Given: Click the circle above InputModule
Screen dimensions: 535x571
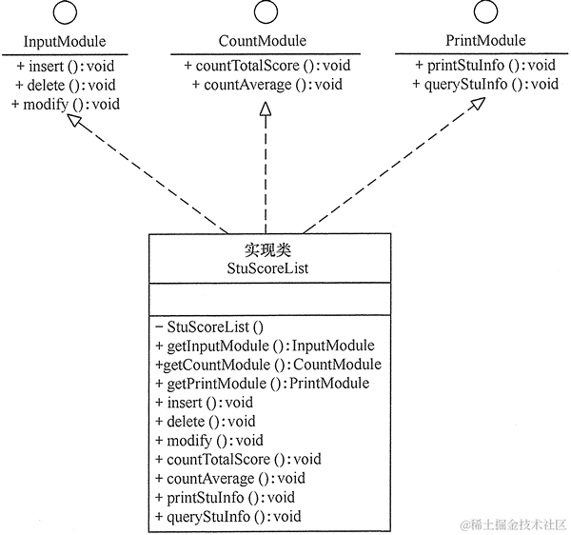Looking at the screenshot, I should tap(64, 13).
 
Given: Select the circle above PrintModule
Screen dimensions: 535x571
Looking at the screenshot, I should tap(484, 13).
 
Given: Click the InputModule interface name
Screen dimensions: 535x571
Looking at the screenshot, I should tap(64, 42).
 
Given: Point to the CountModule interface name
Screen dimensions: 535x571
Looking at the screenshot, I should tap(263, 41).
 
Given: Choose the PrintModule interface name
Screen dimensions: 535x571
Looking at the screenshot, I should tap(484, 41).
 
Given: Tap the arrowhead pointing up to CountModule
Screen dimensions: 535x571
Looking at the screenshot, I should tap(264, 111).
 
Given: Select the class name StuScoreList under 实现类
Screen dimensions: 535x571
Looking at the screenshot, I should tap(269, 268).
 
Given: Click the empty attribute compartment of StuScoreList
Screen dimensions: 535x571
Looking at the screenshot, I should tap(269, 300).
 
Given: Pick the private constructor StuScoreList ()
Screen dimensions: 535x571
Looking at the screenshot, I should tap(208, 327).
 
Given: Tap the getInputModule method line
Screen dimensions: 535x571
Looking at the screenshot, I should tap(265, 346).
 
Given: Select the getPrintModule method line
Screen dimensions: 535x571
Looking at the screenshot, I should tap(262, 384).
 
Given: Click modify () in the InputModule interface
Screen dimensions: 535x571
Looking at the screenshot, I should tap(66, 104).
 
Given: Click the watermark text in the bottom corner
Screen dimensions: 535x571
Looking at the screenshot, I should tap(513, 524).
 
